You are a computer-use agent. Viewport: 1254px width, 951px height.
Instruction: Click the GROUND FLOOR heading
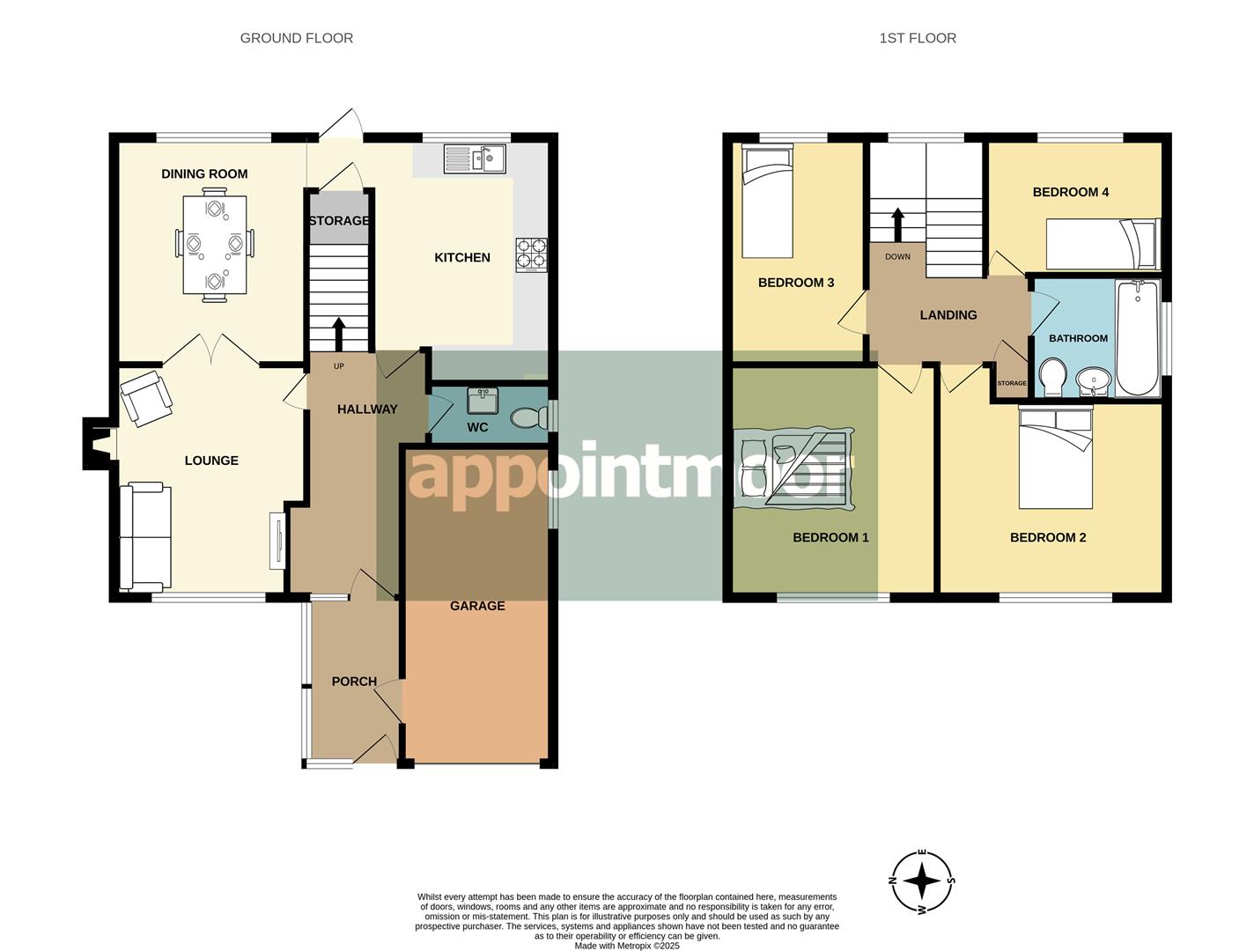click(x=296, y=38)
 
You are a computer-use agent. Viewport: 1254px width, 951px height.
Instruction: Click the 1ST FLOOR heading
click(x=917, y=38)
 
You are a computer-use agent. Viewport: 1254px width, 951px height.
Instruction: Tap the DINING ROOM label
click(x=204, y=173)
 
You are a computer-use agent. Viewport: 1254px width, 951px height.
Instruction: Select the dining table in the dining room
click(x=214, y=245)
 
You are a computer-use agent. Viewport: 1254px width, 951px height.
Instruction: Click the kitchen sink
click(x=474, y=158)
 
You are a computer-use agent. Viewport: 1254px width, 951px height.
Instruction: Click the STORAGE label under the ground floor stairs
click(x=338, y=220)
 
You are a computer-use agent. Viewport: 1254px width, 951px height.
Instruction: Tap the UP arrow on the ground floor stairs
click(x=338, y=334)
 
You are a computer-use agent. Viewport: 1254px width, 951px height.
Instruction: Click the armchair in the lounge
click(x=145, y=398)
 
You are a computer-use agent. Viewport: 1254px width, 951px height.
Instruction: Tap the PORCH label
click(x=354, y=681)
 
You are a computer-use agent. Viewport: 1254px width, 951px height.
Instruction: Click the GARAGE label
click(x=477, y=605)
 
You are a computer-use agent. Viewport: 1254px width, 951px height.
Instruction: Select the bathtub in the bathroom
click(x=1137, y=338)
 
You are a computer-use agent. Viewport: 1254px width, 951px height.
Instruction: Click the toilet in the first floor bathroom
click(x=1051, y=377)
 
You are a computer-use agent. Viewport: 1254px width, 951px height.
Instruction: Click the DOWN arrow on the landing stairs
click(x=897, y=225)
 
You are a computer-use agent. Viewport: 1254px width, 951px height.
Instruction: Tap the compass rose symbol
click(x=922, y=881)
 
